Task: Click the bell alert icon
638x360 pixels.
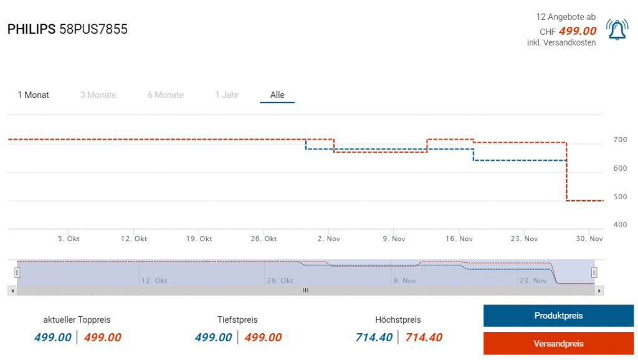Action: [x=617, y=30]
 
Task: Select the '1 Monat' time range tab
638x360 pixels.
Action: [x=34, y=95]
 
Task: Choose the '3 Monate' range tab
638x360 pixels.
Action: [x=98, y=95]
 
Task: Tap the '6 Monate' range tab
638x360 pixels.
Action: [x=166, y=95]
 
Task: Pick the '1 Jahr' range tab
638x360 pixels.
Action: [x=227, y=95]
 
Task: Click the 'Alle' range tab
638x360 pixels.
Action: [x=277, y=95]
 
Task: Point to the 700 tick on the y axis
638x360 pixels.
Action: [x=620, y=140]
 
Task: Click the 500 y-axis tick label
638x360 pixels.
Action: [x=620, y=197]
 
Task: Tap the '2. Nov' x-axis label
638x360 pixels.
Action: [x=328, y=239]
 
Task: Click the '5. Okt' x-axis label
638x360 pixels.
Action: [x=69, y=239]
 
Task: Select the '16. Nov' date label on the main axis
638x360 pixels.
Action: [x=460, y=239]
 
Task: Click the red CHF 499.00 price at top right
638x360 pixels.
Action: [x=578, y=31]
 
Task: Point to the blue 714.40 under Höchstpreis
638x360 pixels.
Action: [x=373, y=338]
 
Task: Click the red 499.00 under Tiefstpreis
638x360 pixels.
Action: [x=263, y=338]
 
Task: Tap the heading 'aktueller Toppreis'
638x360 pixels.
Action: [x=77, y=320]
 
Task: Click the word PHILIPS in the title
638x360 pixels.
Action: [x=31, y=29]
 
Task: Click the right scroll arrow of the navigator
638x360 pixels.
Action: [x=599, y=290]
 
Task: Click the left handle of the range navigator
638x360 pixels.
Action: [x=17, y=272]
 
